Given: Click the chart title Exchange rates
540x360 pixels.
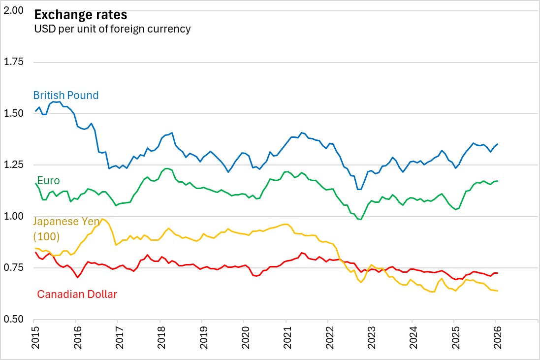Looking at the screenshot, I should pos(74,14).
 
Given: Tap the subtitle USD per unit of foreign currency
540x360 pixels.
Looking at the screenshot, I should pos(112,29).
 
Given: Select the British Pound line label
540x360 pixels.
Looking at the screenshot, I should pos(65,95).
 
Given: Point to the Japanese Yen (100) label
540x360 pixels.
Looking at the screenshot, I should pos(66,229).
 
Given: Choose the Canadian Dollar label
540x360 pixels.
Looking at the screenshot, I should pos(77,295).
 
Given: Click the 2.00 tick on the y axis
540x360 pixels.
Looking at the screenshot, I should pos(13,10).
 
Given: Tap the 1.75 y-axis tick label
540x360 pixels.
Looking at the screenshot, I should pos(13,62).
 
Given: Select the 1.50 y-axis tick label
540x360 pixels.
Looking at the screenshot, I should pos(13,113).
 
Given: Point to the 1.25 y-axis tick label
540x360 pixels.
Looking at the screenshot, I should pos(13,165).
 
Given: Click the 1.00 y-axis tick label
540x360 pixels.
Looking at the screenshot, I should pos(13,216).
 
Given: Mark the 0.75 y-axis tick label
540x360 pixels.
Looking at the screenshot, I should pos(13,268).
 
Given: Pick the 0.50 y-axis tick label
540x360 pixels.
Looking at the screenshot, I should pos(13,319).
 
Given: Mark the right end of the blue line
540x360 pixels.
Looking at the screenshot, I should pos(498,144).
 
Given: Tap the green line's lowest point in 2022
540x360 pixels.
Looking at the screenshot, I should pos(361,220).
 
